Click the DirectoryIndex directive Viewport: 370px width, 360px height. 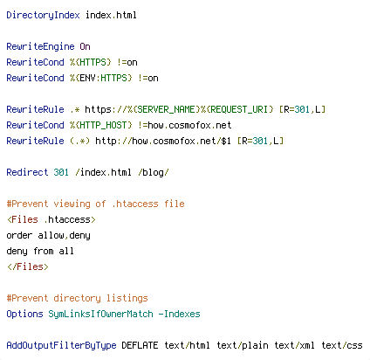(43, 15)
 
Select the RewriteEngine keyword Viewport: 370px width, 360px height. (40, 46)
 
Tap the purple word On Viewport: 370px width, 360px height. (85, 46)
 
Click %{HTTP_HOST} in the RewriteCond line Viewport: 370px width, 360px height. (100, 125)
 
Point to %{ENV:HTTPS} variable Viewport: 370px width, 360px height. (100, 78)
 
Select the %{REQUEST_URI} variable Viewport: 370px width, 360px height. (236, 109)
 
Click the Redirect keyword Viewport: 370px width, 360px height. (27, 172)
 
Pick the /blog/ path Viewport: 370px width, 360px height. (154, 172)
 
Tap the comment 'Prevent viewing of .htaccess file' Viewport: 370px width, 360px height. (95, 204)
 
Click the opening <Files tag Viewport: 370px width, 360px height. (23, 219)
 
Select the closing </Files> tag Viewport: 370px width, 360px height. (28, 267)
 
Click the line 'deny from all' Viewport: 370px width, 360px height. (40, 251)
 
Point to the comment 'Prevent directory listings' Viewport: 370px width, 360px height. (77, 298)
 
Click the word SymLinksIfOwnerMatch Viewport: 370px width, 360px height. (100, 314)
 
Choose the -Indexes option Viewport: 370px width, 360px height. (180, 314)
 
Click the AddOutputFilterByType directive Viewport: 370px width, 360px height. (61, 345)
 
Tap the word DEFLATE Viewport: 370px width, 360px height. (140, 345)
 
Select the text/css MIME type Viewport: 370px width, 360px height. (342, 345)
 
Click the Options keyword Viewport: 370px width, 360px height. (24, 314)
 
